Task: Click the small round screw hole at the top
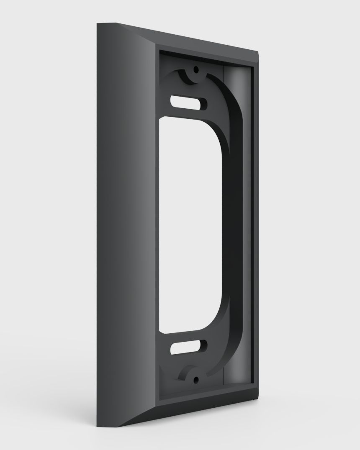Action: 195,70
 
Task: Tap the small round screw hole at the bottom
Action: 195,380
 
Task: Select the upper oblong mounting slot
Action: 188,102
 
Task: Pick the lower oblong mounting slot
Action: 188,347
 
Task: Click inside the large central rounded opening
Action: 190,226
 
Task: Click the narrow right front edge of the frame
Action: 256,226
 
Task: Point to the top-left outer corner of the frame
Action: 98,24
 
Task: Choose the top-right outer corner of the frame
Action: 257,53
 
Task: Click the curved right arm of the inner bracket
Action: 236,226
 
